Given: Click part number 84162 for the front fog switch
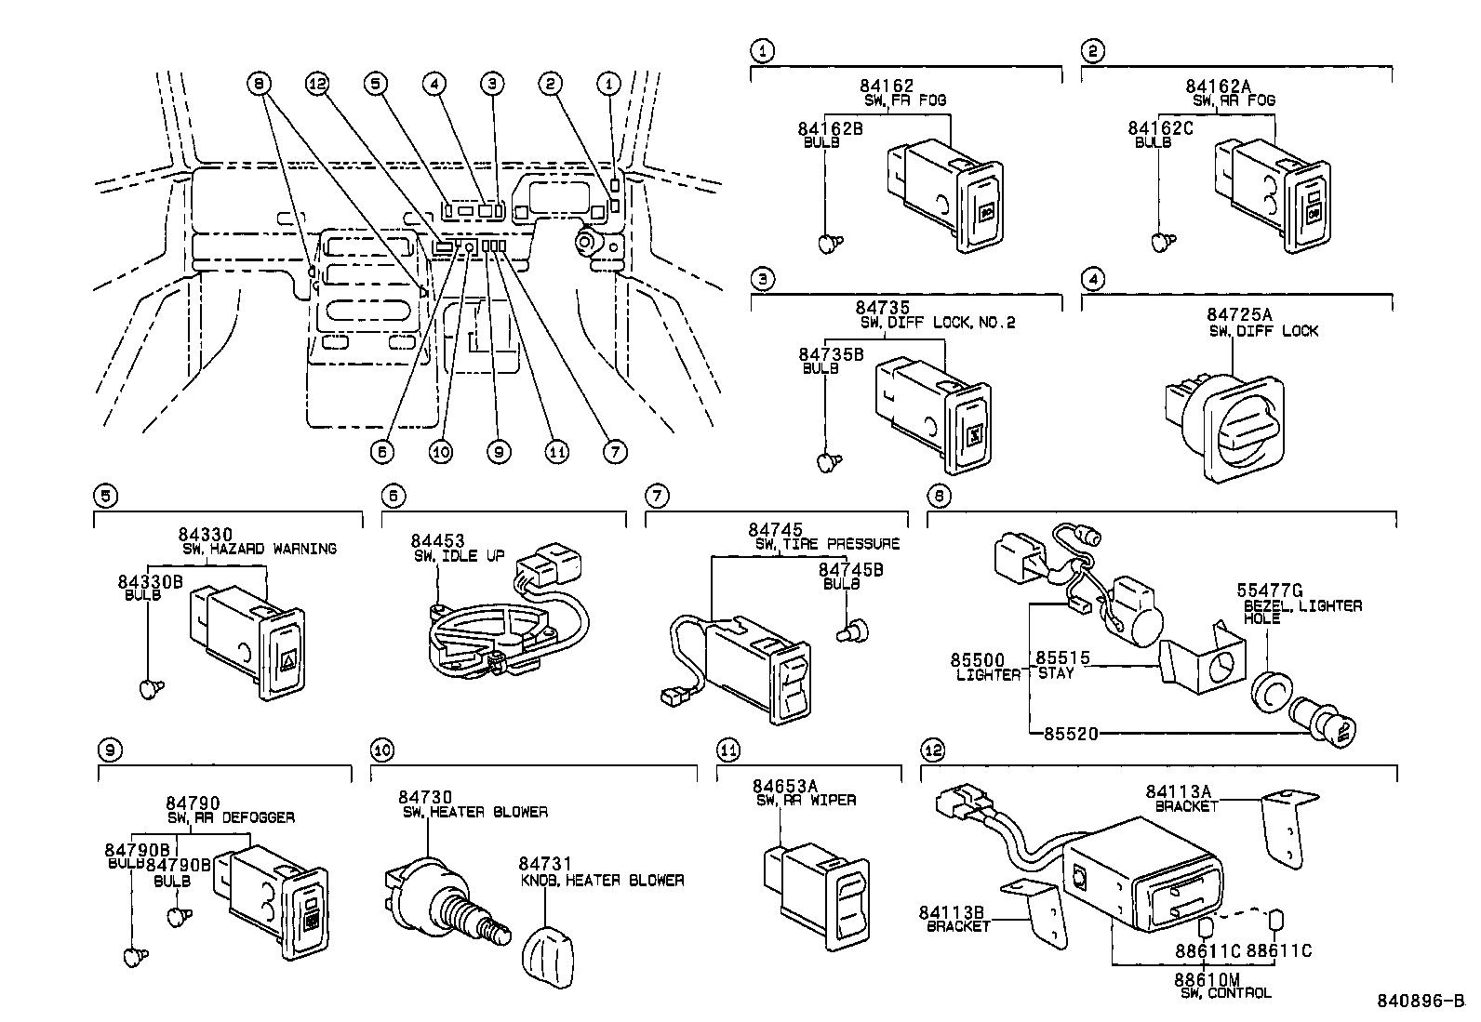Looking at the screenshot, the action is pyautogui.click(x=886, y=86).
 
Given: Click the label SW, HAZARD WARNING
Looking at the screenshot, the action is pyautogui.click(x=260, y=549).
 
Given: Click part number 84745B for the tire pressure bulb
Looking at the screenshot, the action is pyautogui.click(x=850, y=570).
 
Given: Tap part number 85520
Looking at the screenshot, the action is pyautogui.click(x=1071, y=734).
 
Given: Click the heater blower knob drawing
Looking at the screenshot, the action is pyautogui.click(x=548, y=957).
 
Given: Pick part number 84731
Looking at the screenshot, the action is pyautogui.click(x=545, y=864).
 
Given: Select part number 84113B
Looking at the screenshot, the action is pyautogui.click(x=952, y=913).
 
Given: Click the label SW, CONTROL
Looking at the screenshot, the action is pyautogui.click(x=1226, y=993).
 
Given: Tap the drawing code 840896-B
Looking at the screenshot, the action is pyautogui.click(x=1421, y=1001).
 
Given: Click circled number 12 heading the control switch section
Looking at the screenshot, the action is pyautogui.click(x=933, y=750).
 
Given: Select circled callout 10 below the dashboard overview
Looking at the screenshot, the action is pyautogui.click(x=440, y=452).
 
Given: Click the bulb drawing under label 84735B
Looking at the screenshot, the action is pyautogui.click(x=829, y=461).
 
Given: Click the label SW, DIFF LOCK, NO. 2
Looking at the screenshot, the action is pyautogui.click(x=938, y=323).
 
